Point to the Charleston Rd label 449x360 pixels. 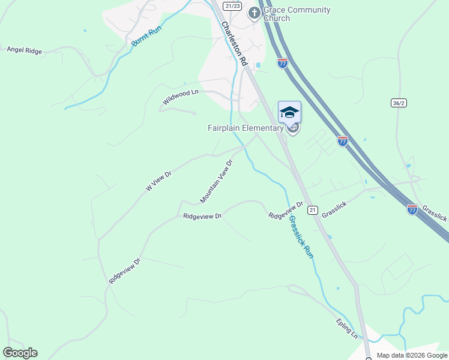[x=234, y=43]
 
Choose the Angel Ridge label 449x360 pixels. [x=25, y=51]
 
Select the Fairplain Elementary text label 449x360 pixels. [x=245, y=128]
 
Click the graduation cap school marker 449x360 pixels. [x=289, y=112]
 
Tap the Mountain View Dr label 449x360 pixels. [x=216, y=181]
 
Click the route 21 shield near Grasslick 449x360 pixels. [x=312, y=209]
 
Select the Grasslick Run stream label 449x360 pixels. [x=301, y=236]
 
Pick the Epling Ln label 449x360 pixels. [x=346, y=328]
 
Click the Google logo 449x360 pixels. [x=20, y=353]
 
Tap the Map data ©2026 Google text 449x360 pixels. [x=412, y=355]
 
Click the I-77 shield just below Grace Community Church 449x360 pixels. [x=283, y=62]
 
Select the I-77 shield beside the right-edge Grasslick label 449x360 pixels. [x=412, y=209]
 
